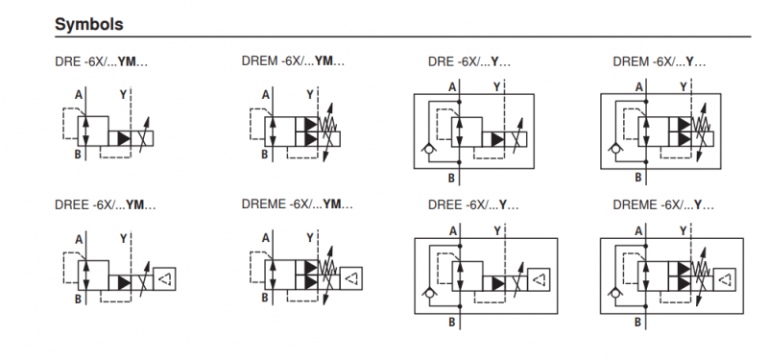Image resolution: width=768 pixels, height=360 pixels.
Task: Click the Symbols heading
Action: point(88,21)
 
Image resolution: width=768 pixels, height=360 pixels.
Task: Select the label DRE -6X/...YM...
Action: point(103,62)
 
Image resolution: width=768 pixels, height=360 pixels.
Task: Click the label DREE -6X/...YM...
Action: point(106,204)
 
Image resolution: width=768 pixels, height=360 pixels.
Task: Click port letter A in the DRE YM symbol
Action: point(78,94)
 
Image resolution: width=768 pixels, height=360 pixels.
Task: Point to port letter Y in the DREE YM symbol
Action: point(122,236)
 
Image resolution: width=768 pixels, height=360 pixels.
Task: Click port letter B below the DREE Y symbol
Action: point(451,323)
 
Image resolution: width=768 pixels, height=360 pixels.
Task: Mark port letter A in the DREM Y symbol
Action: point(636,87)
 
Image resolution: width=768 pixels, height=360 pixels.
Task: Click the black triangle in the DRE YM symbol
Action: point(124,139)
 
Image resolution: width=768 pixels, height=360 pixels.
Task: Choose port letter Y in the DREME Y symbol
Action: point(683,230)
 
